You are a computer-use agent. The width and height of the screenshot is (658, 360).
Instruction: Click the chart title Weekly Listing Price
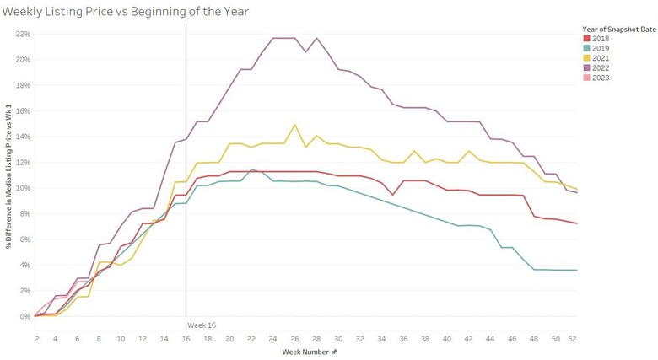(x=126, y=10)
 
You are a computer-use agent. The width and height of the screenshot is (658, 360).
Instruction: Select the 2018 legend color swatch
(x=586, y=38)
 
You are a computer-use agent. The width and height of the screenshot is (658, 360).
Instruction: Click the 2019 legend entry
(x=601, y=48)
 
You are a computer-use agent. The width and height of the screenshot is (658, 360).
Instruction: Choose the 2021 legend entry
(x=601, y=58)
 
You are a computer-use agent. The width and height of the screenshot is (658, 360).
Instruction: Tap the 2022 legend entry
(x=601, y=68)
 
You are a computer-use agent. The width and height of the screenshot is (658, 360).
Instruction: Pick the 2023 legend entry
(x=601, y=78)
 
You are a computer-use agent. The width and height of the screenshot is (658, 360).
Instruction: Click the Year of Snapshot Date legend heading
(x=618, y=29)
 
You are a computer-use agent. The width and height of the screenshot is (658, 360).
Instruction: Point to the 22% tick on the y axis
(x=23, y=34)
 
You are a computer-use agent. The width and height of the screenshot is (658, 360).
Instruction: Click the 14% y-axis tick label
(x=23, y=137)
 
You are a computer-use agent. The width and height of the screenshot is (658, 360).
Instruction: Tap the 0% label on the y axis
(x=24, y=316)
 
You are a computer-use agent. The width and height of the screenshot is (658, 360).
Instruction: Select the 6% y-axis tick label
(x=24, y=239)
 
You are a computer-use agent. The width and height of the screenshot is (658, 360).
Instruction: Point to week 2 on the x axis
(x=36, y=337)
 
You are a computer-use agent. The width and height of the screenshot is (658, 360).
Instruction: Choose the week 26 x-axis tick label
(x=294, y=337)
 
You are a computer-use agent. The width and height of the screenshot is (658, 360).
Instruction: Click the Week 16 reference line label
(x=201, y=325)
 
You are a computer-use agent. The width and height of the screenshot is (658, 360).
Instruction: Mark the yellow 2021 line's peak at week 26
(x=294, y=125)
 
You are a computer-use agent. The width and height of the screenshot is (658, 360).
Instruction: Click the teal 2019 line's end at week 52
(x=576, y=270)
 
